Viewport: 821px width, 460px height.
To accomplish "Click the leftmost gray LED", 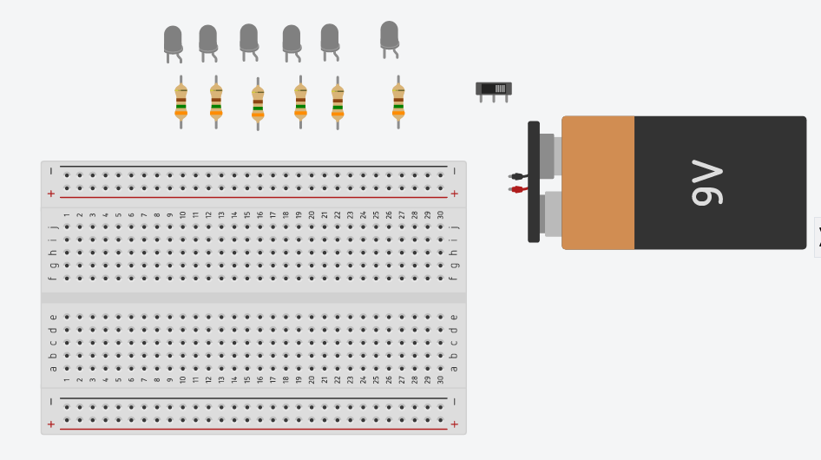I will click(x=173, y=40).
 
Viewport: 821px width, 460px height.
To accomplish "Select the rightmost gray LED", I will click(x=389, y=36).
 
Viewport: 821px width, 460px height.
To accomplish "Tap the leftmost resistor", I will click(x=181, y=102).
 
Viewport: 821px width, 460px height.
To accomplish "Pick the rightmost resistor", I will click(x=398, y=102).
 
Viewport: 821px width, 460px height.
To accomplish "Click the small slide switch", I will click(x=494, y=89).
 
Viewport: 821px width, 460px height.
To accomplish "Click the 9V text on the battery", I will click(x=706, y=182).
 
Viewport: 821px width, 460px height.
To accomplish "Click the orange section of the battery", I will click(x=598, y=182).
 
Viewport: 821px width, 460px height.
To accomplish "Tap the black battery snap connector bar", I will click(x=534, y=181).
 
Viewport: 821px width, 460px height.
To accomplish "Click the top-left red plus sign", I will click(x=50, y=194).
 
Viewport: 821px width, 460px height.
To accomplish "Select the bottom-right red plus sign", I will click(x=454, y=424).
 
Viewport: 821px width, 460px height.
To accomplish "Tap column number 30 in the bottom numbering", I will click(x=440, y=379).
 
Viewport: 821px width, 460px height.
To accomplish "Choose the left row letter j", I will click(x=53, y=227).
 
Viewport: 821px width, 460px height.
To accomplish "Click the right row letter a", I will click(x=454, y=368).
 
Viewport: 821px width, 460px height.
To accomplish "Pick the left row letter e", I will click(x=53, y=317).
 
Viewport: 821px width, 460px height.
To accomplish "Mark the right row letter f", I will click(x=454, y=278).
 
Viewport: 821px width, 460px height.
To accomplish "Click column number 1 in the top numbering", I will click(x=67, y=214).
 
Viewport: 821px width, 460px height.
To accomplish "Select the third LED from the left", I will click(x=249, y=38).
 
